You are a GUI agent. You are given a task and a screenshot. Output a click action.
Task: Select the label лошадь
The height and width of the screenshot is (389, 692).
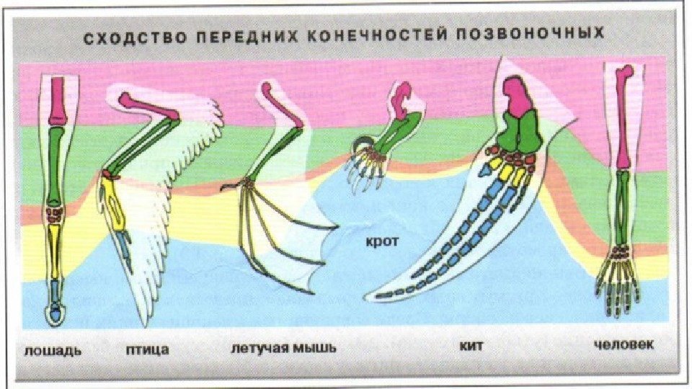(53, 351)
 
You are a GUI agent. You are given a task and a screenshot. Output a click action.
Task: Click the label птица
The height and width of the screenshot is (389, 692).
(148, 350)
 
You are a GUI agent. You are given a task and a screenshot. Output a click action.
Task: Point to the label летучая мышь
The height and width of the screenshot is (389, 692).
(283, 349)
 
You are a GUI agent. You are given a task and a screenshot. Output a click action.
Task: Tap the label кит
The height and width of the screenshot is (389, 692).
(471, 347)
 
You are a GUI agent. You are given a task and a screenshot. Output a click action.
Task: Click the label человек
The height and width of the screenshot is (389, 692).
(624, 345)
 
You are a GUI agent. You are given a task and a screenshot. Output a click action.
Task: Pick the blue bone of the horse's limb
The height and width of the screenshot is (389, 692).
(56, 291)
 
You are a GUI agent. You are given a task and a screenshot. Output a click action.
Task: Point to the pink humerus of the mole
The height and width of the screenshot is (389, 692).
(401, 97)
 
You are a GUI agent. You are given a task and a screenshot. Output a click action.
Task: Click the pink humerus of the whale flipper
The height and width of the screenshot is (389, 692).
(515, 94)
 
